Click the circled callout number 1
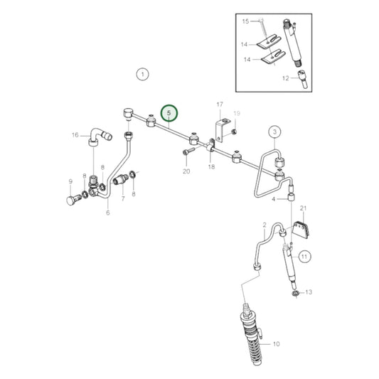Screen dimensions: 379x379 point(142,74)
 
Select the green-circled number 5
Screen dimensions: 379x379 point(169,112)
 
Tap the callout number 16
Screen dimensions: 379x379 point(75,134)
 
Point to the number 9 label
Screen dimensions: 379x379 point(70,181)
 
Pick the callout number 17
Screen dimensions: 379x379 point(219,105)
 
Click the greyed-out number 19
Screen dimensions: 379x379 point(237,113)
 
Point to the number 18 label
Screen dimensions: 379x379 point(211,166)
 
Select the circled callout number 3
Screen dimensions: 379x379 point(274,131)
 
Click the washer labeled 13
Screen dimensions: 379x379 point(294,292)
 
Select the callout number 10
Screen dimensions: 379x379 point(277,343)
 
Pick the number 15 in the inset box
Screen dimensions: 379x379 point(245,22)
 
